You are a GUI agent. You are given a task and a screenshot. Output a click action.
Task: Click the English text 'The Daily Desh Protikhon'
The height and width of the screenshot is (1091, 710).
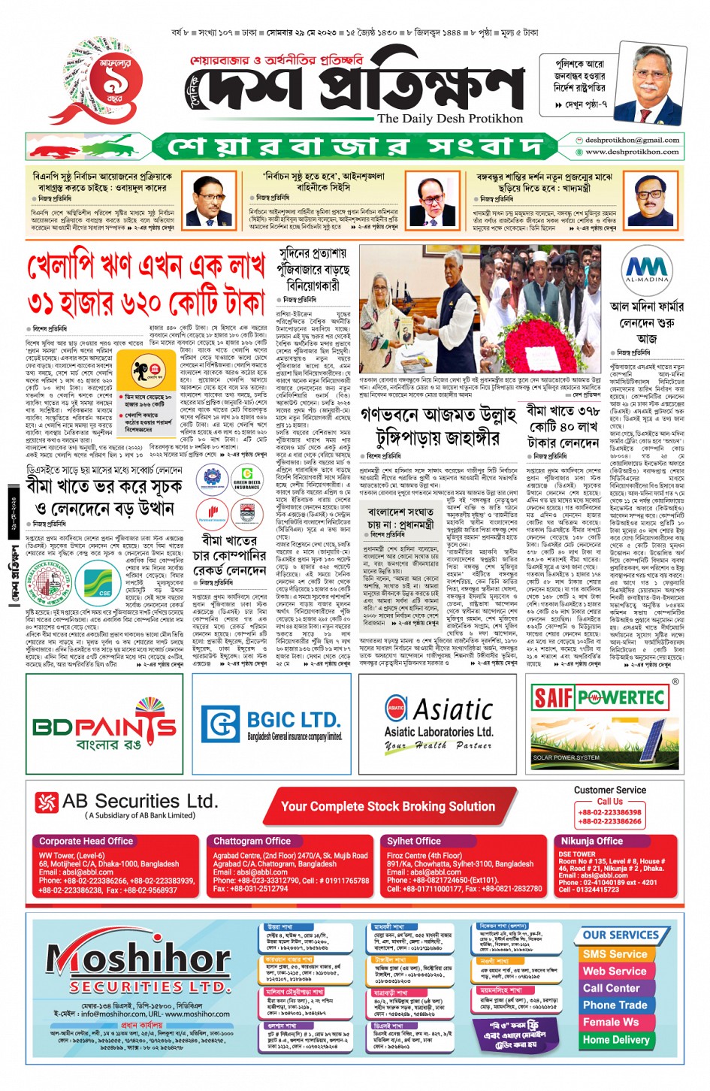click(x=449, y=118)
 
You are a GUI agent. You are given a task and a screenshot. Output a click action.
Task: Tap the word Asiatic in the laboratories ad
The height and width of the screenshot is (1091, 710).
click(x=453, y=709)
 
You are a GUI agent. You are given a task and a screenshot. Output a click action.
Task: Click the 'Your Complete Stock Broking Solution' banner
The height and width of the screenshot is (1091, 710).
click(x=388, y=806)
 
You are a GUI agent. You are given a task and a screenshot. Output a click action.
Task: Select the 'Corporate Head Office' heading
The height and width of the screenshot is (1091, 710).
click(x=86, y=841)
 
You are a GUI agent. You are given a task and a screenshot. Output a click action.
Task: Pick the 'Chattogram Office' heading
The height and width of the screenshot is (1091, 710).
click(x=252, y=841)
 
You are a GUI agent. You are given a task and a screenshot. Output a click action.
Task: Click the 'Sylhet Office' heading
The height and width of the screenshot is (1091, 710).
click(x=413, y=841)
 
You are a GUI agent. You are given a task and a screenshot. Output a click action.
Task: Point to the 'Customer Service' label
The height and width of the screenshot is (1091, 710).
click(x=609, y=790)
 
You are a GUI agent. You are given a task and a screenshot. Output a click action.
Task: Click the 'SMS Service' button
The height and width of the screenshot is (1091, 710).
click(x=615, y=953)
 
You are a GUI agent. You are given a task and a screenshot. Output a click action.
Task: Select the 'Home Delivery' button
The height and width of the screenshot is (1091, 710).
click(x=616, y=1040)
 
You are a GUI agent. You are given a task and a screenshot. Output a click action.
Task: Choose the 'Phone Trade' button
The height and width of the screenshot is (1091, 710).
click(x=615, y=1005)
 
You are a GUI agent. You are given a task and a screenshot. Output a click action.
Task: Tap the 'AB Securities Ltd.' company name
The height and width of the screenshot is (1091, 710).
click(x=140, y=801)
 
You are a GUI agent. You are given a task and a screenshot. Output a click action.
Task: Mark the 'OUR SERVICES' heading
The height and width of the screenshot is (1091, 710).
click(x=621, y=935)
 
